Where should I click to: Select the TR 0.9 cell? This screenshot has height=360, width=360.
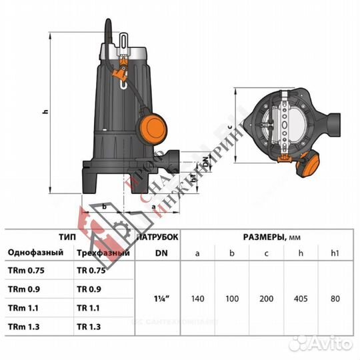(x=89, y=290)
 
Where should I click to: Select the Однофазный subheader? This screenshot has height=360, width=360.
(x=35, y=253)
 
